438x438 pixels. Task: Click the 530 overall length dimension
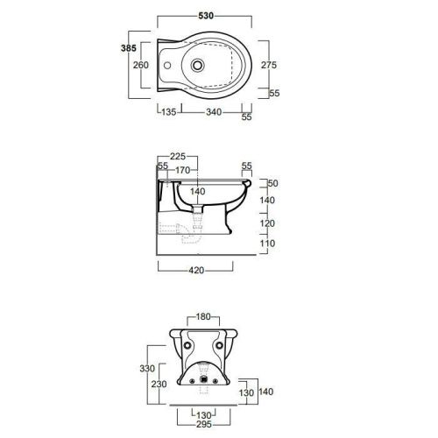click(206, 16)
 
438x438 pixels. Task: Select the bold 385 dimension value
click(129, 48)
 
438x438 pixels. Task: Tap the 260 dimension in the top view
click(141, 65)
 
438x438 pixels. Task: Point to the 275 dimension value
click(269, 65)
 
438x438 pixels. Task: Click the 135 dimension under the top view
click(169, 112)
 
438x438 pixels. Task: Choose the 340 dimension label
click(214, 112)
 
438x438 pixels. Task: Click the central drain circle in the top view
click(198, 65)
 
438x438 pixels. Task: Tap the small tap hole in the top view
click(167, 65)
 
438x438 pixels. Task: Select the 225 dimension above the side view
click(178, 157)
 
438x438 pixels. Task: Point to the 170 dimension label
click(183, 170)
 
